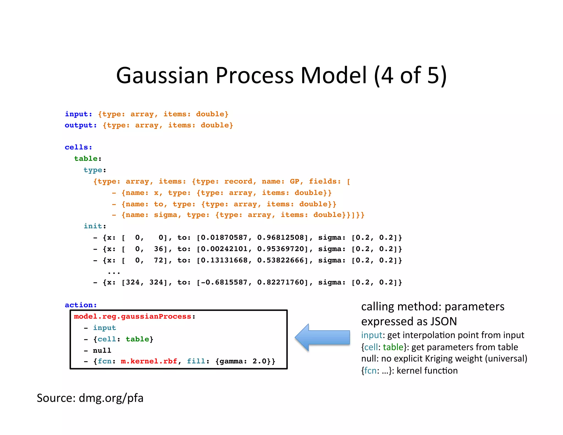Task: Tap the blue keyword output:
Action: click(81, 125)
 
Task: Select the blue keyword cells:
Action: click(78, 147)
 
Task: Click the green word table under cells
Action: click(86, 159)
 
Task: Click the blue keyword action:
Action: click(81, 305)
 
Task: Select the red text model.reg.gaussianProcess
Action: click(133, 316)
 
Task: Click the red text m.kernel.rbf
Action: click(149, 361)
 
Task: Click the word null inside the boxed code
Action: click(102, 351)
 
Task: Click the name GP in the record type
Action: click(294, 181)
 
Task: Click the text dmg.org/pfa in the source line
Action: click(111, 398)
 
